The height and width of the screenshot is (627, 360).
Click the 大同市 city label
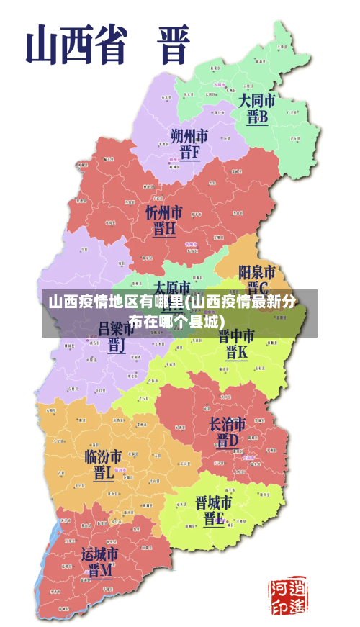tap(258, 99)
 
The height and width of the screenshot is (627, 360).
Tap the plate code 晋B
tap(257, 117)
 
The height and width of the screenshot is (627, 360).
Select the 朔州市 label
tap(190, 135)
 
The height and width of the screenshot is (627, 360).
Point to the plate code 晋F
tap(190, 153)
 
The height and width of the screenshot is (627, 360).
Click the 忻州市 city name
tap(164, 212)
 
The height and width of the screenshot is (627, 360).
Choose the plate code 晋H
tap(164, 230)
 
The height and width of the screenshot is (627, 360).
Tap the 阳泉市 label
tap(257, 272)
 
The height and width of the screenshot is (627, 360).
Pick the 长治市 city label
tap(228, 423)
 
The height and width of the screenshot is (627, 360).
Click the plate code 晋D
tap(228, 440)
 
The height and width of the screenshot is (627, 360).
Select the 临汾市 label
tap(104, 456)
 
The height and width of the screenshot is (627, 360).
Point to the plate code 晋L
tap(104, 474)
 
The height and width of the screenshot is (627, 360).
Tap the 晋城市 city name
tap(214, 502)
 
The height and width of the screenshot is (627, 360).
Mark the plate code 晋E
tap(214, 520)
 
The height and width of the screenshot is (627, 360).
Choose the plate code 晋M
tap(100, 571)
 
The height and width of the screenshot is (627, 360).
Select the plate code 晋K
tap(236, 353)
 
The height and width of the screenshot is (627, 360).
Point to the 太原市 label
tap(172, 287)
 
